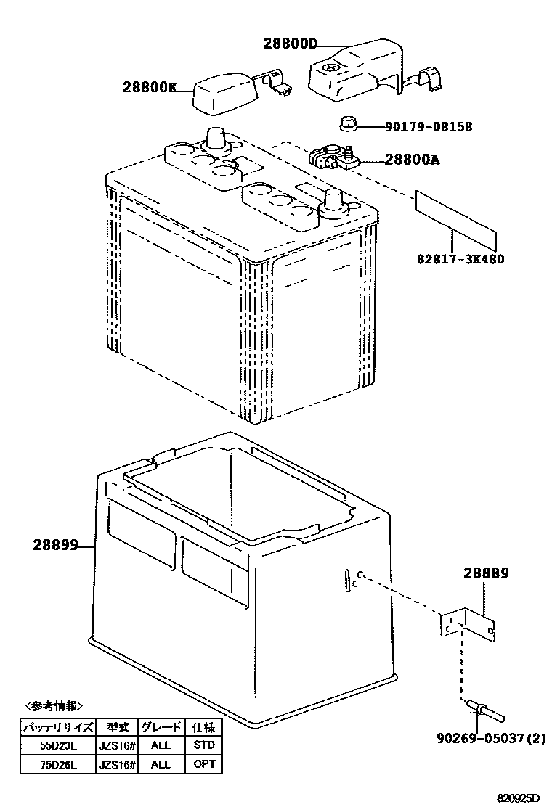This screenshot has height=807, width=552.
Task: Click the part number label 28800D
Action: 290,44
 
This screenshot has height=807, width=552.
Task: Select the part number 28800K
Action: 150,88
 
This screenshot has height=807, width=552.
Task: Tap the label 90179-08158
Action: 429,127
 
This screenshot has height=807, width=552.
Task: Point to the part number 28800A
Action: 413,160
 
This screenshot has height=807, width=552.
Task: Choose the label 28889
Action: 486,573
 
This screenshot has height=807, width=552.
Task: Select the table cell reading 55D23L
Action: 57,745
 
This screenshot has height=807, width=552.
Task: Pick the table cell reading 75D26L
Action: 57,764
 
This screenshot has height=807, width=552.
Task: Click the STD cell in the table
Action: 204,745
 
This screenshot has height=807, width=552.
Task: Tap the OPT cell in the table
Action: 204,764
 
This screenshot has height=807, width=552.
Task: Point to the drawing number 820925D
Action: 519,798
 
